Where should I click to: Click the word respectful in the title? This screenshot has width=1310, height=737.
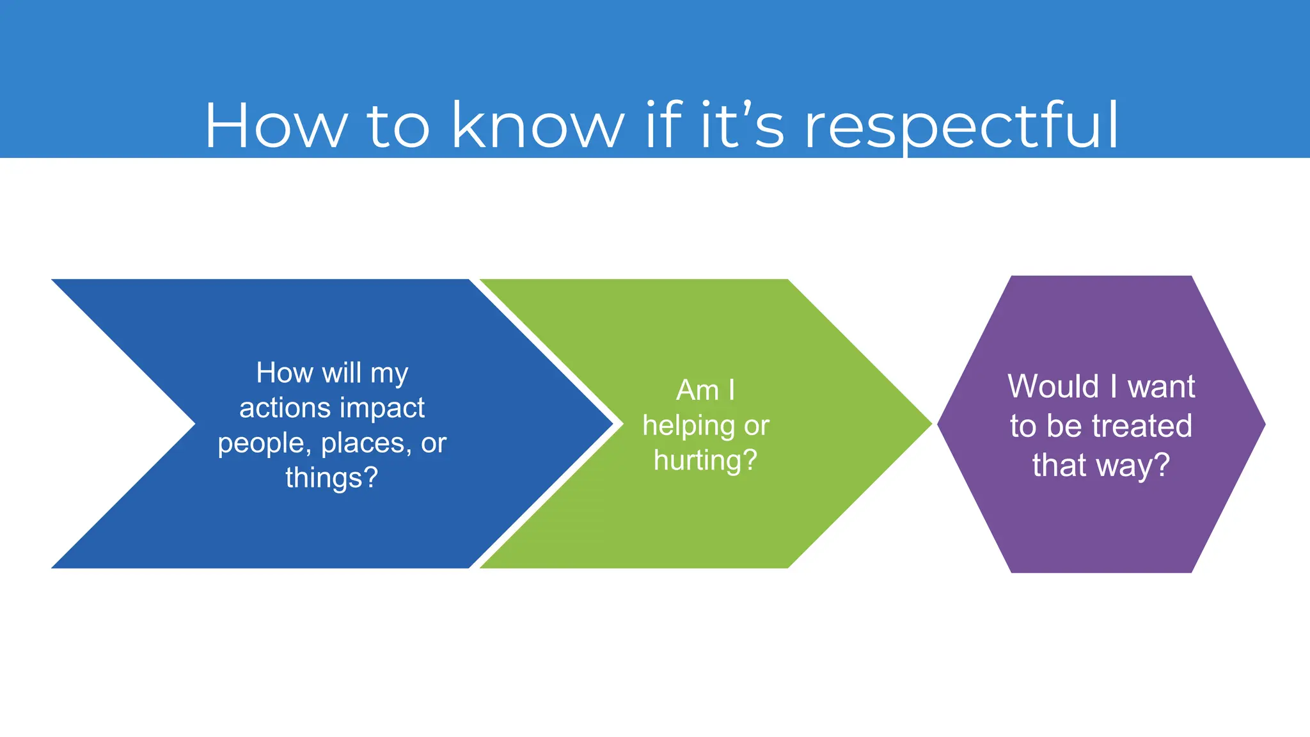961,127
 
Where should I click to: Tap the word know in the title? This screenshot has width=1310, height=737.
537,125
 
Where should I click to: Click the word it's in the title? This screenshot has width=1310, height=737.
742,125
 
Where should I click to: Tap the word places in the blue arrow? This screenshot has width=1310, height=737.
366,443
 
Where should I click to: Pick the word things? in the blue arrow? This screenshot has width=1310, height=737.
331,478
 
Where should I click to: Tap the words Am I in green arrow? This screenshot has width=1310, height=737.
706,390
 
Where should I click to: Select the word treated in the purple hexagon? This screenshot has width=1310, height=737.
1142,426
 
